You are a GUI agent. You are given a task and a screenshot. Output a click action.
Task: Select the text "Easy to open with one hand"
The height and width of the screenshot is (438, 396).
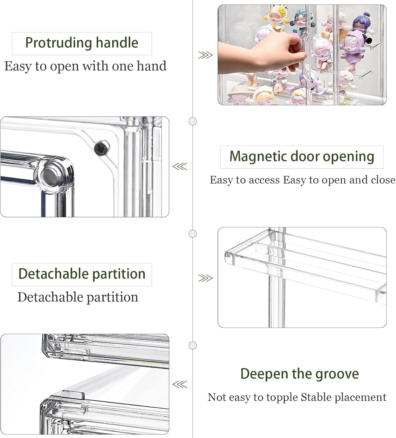(x=85, y=66)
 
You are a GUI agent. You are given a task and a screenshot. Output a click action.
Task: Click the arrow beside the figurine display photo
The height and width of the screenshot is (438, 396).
(x=205, y=55)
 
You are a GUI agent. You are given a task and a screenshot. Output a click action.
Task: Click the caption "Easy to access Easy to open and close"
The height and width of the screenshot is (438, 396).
(x=302, y=180)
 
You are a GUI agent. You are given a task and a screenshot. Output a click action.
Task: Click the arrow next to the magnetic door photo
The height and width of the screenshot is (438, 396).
(x=179, y=167)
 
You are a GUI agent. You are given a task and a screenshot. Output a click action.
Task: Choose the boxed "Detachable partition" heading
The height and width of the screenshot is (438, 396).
(x=82, y=274)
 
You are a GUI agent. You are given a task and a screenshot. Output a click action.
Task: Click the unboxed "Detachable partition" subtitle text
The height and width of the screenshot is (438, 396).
(x=78, y=297)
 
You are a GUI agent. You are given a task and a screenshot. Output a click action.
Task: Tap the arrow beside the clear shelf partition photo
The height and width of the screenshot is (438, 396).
(x=205, y=278)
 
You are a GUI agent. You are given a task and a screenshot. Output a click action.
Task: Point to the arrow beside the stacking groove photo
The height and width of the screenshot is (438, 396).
(x=179, y=384)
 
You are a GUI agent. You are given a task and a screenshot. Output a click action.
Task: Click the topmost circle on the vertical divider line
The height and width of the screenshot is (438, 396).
(x=193, y=121)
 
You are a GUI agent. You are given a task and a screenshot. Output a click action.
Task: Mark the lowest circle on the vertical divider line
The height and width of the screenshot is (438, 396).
(x=193, y=345)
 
